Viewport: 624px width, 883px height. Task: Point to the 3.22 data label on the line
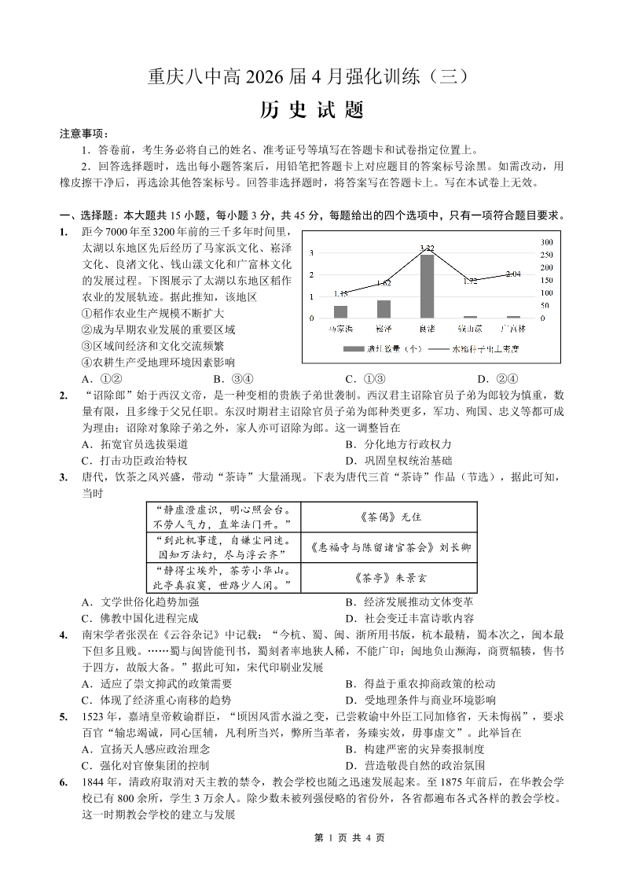click(x=427, y=248)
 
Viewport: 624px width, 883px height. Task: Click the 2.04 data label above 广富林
click(x=513, y=274)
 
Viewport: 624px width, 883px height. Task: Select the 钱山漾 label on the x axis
click(x=470, y=327)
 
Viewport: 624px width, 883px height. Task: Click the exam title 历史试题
click(x=311, y=111)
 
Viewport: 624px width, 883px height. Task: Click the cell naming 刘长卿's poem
click(x=389, y=547)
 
